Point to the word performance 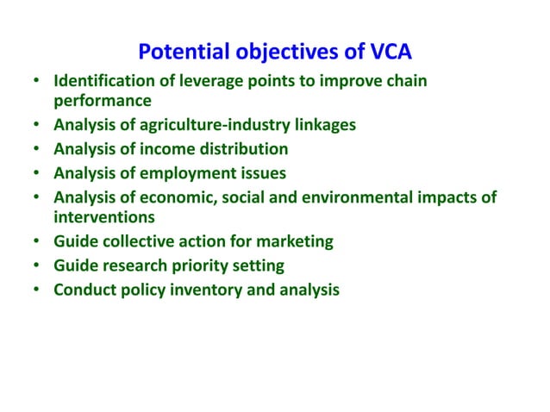point(103,100)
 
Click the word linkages point(322,125)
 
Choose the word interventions point(104,216)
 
